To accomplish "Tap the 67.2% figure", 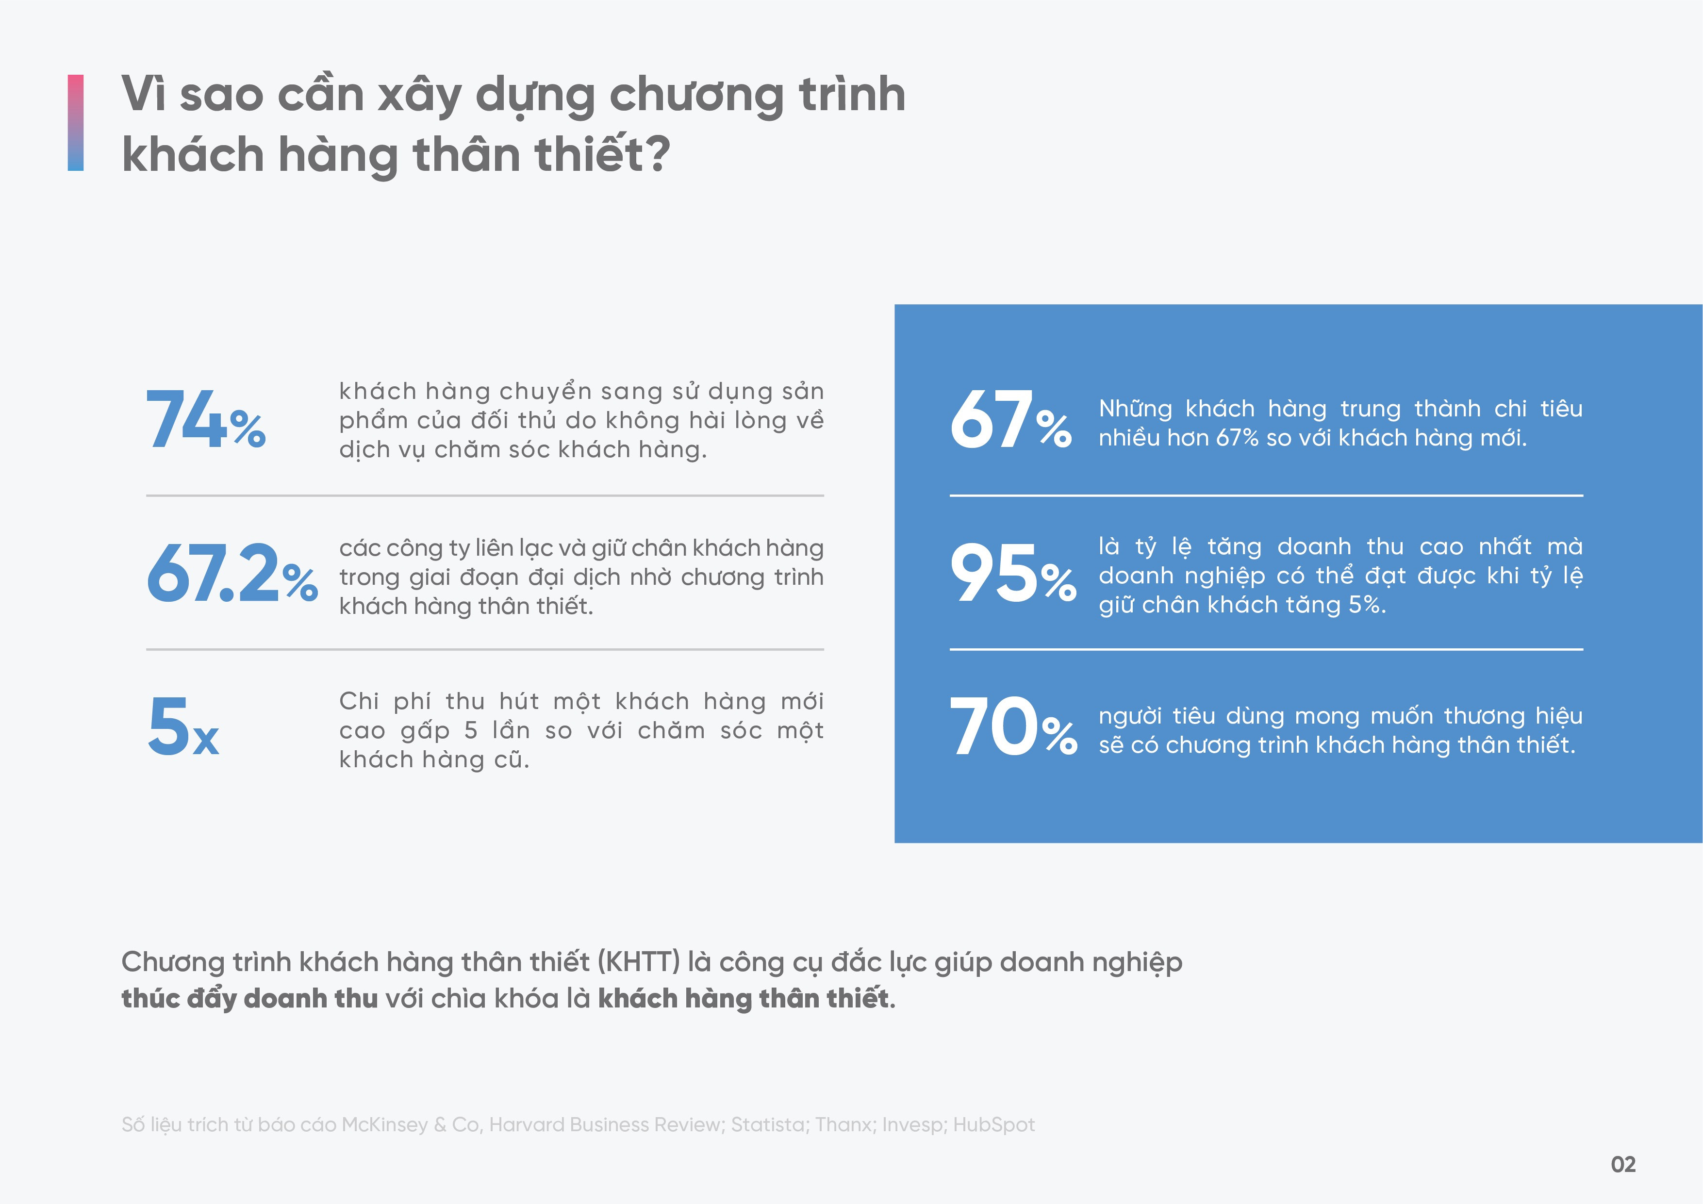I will [x=231, y=574].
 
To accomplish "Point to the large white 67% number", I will [x=1010, y=421].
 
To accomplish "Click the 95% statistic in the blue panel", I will [x=1012, y=574].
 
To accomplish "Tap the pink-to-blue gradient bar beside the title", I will [x=76, y=122].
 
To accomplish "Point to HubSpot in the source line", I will [x=994, y=1124].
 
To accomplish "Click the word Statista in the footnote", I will [x=768, y=1124].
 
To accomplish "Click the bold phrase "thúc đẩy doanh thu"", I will [x=250, y=999].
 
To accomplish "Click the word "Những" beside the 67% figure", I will [x=1135, y=409].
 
